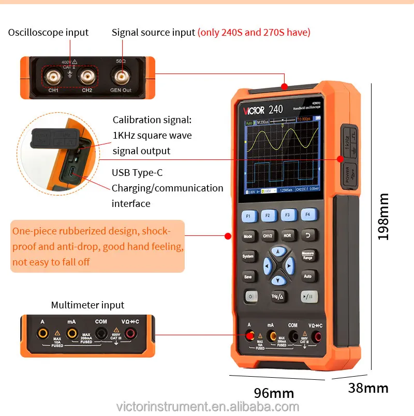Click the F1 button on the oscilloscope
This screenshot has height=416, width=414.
pos(248,216)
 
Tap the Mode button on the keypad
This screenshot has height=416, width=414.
pos(247,236)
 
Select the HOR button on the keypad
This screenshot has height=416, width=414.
pos(288,235)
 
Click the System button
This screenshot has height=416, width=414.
pos(248,256)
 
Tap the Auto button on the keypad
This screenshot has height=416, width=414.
pos(308,276)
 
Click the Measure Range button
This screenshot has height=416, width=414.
pos(307,256)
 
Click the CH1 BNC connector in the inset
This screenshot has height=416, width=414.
pos(52,78)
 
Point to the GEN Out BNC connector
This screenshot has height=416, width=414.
pos(121,78)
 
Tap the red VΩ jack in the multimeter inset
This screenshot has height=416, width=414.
pos(130,333)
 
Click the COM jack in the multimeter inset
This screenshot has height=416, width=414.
pos(101,333)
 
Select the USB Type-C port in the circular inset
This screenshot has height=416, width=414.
pos(70,173)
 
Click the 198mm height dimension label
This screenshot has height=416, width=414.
pos(383,217)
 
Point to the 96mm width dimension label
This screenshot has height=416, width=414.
pos(274,392)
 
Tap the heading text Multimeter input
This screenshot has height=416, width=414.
pos(87,305)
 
